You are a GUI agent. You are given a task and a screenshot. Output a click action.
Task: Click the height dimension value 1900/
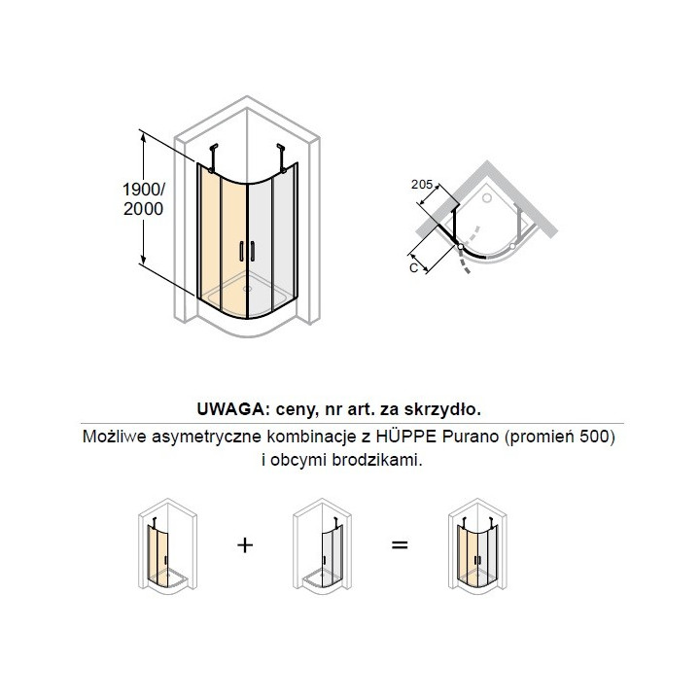tap(143, 189)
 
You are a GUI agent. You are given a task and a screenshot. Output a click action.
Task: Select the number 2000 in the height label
tap(143, 208)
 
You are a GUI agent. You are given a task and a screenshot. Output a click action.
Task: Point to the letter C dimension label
tap(415, 268)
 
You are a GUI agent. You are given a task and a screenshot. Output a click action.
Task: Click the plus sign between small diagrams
tap(246, 545)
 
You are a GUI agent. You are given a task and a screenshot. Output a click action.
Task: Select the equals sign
tap(398, 545)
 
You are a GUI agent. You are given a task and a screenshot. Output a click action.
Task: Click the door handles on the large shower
tap(246, 252)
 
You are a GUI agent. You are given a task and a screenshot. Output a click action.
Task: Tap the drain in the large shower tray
tap(248, 288)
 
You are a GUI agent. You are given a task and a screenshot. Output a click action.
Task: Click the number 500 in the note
tap(594, 437)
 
